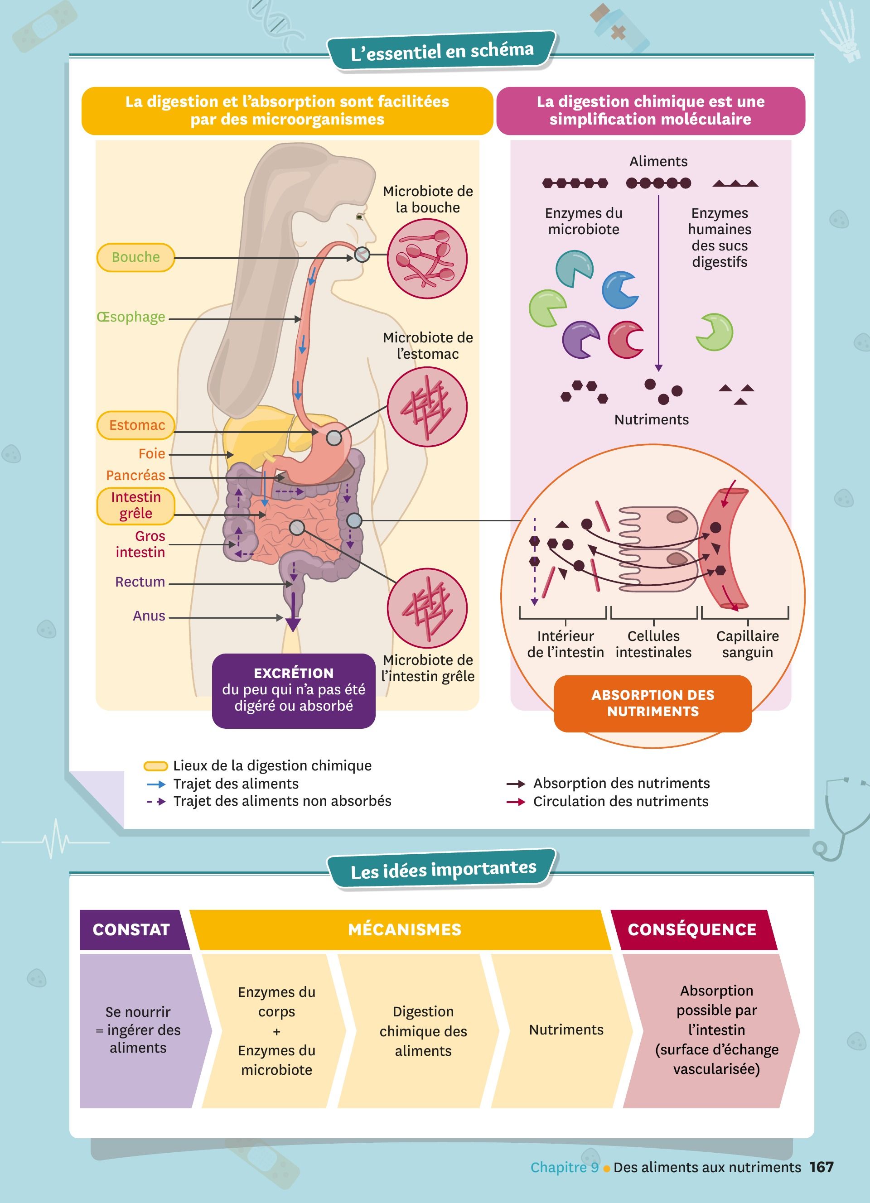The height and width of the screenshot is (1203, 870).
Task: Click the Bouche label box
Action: (135, 257)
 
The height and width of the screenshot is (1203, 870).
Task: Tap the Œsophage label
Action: (131, 317)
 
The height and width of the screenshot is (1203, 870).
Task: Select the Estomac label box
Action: (136, 425)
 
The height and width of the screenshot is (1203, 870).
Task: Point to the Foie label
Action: (152, 453)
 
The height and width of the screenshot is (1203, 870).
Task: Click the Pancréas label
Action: (135, 475)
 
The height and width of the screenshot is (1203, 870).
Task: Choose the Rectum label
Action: (140, 582)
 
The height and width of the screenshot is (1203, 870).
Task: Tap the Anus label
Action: (149, 616)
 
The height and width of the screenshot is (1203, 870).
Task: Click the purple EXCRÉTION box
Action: (293, 690)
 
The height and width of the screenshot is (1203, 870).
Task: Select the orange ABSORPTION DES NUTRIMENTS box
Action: (652, 703)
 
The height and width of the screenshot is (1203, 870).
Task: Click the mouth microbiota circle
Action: (427, 259)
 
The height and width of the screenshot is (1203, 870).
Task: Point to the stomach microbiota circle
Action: (427, 407)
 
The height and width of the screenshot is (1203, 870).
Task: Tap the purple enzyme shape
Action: (580, 339)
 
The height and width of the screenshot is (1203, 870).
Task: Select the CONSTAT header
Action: (131, 929)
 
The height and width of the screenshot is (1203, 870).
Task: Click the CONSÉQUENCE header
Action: (692, 929)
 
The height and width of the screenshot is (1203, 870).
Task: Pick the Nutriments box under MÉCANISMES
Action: (565, 1030)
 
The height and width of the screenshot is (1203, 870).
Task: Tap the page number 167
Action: (821, 1167)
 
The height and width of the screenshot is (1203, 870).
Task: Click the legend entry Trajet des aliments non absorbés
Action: (282, 801)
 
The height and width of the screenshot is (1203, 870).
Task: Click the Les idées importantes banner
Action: (443, 870)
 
